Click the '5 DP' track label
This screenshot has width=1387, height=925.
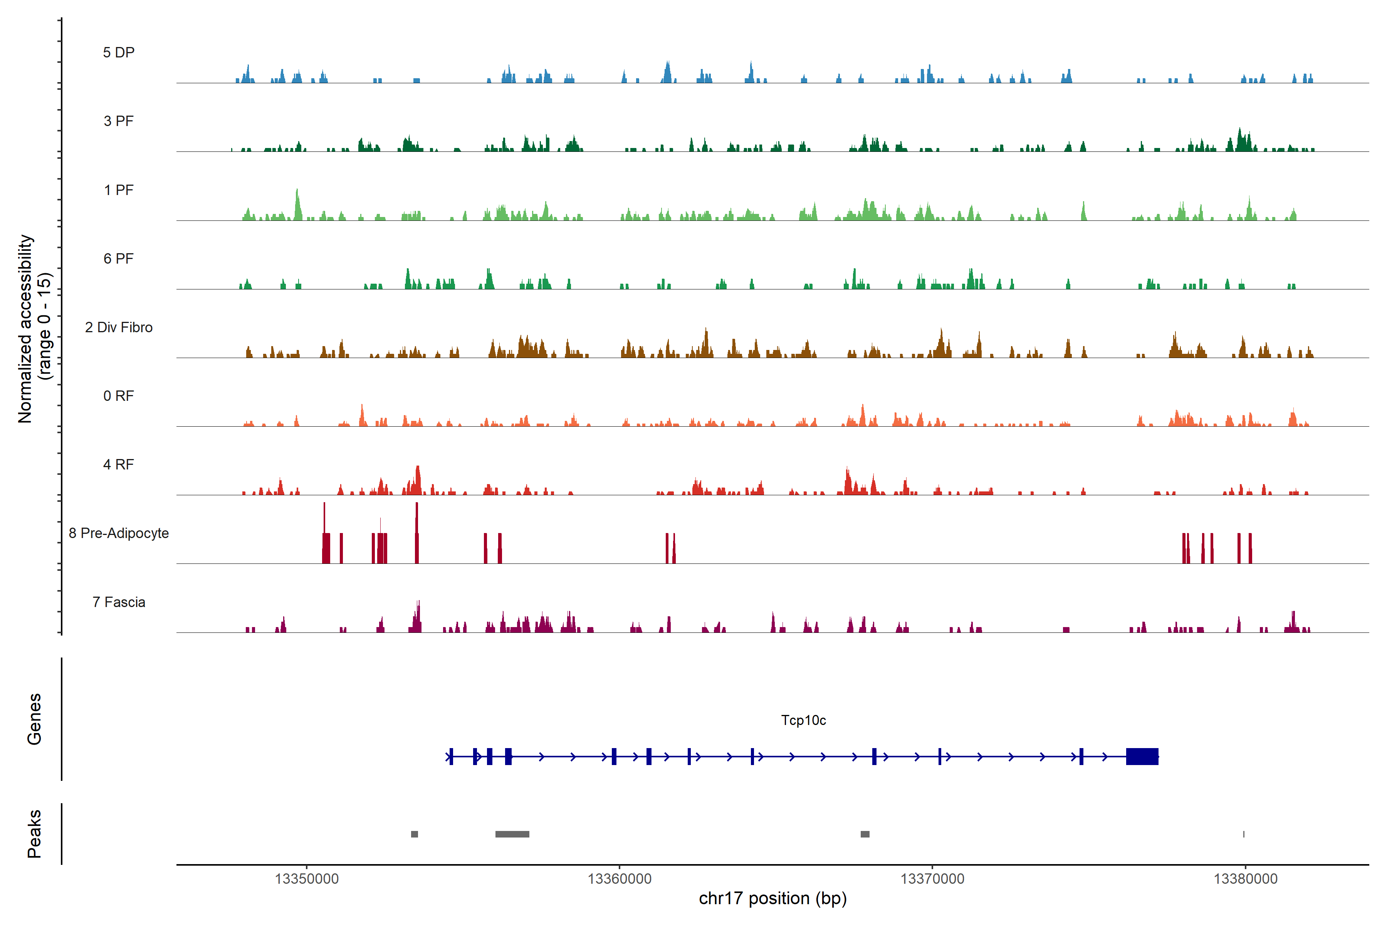(119, 52)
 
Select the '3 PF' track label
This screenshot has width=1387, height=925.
(119, 121)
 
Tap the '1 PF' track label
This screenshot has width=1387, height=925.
(119, 190)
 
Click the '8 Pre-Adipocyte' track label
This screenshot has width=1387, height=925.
(119, 533)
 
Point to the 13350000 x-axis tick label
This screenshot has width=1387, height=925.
(307, 879)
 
